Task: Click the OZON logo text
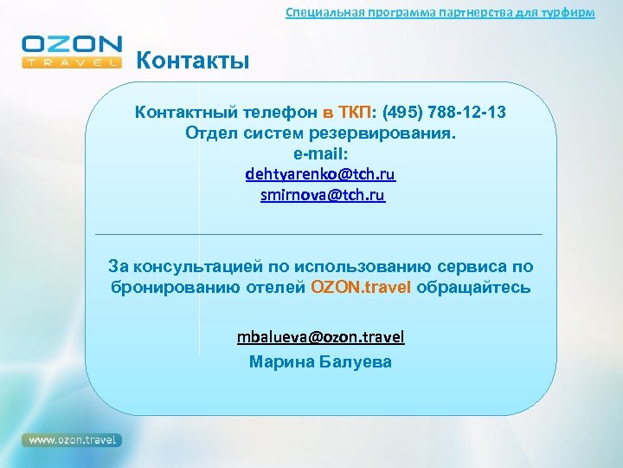(73, 44)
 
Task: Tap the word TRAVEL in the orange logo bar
(73, 62)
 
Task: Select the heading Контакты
(193, 61)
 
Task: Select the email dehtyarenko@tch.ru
(321, 174)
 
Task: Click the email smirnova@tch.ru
(322, 196)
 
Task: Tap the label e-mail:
(321, 153)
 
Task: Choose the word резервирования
(382, 133)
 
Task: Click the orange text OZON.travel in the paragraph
(362, 288)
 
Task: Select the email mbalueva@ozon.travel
(321, 336)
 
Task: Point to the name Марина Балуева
(320, 361)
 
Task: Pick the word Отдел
(208, 133)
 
